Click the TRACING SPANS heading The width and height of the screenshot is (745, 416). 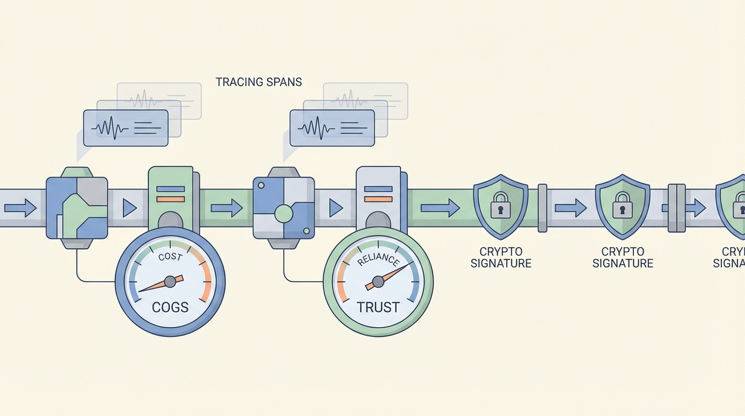(259, 82)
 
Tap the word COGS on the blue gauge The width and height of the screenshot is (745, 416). (170, 307)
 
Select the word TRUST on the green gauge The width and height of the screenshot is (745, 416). (378, 307)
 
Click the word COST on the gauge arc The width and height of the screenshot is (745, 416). (170, 257)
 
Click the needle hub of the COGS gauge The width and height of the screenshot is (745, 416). (170, 281)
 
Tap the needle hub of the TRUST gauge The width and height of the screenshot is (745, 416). (378, 281)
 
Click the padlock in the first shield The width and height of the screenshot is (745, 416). (500, 206)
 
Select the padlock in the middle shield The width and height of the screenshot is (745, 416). (622, 206)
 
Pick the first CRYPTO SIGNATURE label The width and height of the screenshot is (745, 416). (501, 258)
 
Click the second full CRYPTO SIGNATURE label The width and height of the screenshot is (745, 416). (623, 258)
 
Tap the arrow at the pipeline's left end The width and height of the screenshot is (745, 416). (20, 207)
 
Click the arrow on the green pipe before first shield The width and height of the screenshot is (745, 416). (440, 207)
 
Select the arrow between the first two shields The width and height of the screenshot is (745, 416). (571, 207)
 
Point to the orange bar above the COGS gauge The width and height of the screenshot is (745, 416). (171, 199)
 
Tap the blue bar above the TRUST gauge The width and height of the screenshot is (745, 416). (378, 189)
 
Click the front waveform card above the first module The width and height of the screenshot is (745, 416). (126, 128)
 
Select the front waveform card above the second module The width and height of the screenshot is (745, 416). (332, 128)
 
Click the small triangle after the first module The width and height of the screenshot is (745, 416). (129, 208)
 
